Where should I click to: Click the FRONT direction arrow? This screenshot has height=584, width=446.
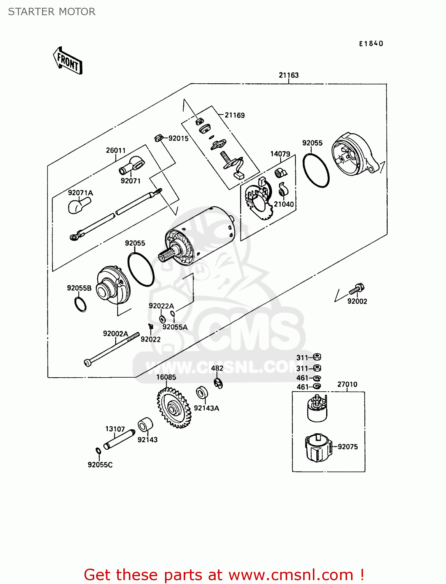tap(68, 61)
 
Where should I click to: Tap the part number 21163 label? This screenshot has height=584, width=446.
tap(288, 75)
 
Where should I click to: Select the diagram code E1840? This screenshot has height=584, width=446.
tap(371, 44)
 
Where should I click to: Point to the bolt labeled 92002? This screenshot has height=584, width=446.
tap(357, 289)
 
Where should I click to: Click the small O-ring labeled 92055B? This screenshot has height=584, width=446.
tap(80, 304)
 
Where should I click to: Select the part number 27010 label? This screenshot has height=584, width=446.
tap(347, 384)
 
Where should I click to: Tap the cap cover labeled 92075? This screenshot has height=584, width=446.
tap(318, 448)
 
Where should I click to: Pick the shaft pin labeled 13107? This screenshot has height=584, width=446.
tap(119, 439)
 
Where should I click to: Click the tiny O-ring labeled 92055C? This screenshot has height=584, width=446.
tap(98, 451)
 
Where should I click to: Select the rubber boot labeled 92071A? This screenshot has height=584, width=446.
tap(79, 205)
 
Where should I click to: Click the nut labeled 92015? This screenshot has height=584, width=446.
tap(158, 137)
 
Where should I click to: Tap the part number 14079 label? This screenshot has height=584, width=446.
tap(280, 154)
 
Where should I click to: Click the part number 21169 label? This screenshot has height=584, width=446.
tap(235, 115)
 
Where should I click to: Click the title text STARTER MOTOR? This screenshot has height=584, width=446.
tap(52, 12)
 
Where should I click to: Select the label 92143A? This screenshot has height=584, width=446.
tap(206, 408)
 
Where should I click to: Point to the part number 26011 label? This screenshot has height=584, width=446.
tap(116, 150)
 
